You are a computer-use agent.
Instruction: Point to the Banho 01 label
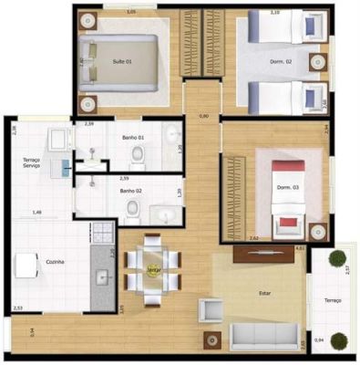[x=133, y=138]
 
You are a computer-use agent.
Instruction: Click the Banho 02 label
[x=131, y=191]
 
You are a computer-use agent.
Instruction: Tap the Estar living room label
[x=264, y=295]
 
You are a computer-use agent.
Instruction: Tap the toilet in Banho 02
[x=133, y=212]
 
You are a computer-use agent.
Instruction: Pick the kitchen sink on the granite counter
[x=102, y=276]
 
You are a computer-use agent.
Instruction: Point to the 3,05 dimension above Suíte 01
[x=131, y=12]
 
